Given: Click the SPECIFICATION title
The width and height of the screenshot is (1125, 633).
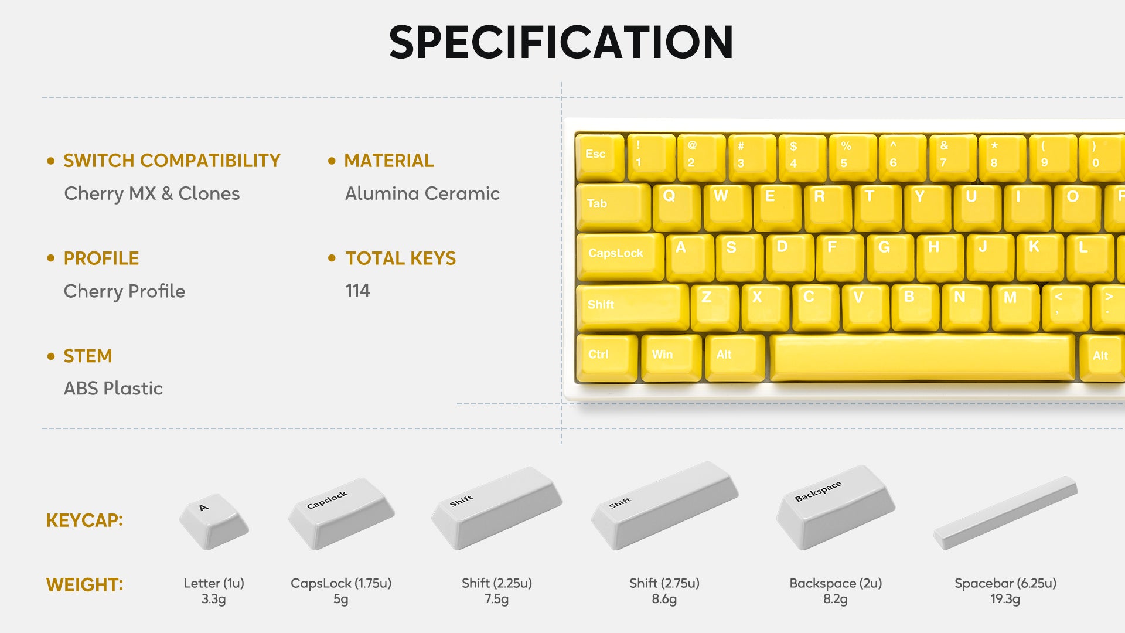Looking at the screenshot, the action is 561,42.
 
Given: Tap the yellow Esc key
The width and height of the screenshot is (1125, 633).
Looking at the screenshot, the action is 600,157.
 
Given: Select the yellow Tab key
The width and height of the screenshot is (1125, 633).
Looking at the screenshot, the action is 613,207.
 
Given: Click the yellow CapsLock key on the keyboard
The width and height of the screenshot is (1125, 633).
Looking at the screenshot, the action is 621,257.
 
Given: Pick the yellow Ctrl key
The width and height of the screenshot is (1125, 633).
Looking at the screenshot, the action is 607,358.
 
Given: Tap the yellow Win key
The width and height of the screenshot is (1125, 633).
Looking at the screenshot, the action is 671,358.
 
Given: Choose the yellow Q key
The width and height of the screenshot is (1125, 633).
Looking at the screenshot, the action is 677,207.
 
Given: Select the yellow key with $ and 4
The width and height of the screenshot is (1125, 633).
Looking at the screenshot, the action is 802,157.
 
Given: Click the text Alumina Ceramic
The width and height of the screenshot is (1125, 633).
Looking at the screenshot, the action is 422,193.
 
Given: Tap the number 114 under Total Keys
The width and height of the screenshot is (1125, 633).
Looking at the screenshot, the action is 357,291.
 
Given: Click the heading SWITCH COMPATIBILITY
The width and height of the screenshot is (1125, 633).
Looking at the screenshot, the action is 172,161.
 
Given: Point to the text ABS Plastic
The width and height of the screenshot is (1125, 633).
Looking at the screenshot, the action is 113,388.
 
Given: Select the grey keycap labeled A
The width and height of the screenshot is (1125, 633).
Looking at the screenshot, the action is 214,520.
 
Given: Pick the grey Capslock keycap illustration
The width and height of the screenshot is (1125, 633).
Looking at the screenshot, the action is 341,513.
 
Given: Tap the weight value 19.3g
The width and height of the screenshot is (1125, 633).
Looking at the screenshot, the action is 1005,599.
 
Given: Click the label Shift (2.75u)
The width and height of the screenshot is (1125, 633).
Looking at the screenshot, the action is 664,583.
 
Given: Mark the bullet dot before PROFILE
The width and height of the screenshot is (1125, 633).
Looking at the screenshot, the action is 51,258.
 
